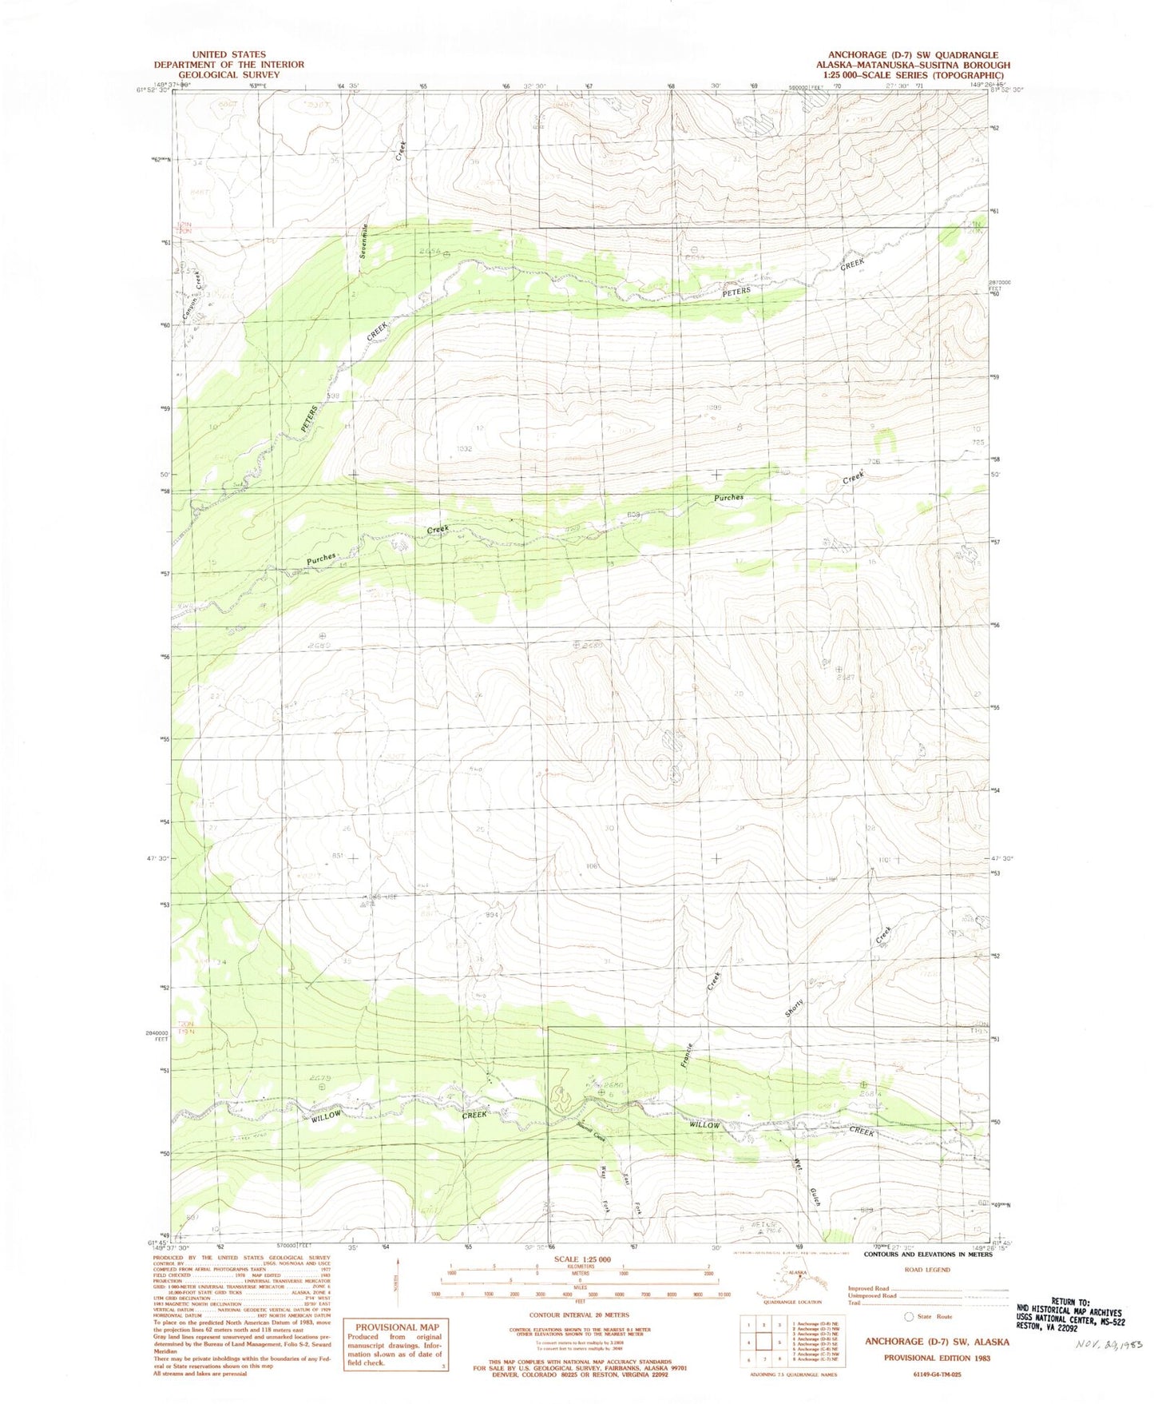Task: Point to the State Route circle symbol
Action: pyautogui.click(x=908, y=1316)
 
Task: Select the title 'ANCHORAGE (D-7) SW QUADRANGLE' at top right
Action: pyautogui.click(x=901, y=55)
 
